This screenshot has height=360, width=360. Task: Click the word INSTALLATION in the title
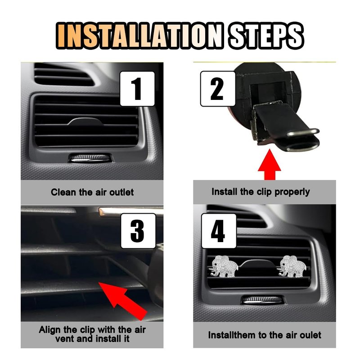coord(140,36)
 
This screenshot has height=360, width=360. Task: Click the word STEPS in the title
coord(266,36)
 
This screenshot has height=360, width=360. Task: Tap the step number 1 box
coord(137,89)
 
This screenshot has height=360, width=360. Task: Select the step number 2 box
coord(218,89)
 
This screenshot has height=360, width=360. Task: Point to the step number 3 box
coord(138,231)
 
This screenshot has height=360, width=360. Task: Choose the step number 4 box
coord(219,231)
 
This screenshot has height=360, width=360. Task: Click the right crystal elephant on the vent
coord(292,266)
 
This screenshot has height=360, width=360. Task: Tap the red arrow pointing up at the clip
coord(270,165)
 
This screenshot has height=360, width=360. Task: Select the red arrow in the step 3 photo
coord(123,301)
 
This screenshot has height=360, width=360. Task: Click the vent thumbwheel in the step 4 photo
coord(262,300)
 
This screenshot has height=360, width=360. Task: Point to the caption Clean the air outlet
coord(92,192)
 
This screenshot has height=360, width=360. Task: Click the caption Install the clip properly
coord(261,192)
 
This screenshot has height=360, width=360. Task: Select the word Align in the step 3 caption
coord(50,330)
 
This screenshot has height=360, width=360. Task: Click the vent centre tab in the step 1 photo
coord(85,121)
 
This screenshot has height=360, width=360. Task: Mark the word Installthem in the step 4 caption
coord(232,335)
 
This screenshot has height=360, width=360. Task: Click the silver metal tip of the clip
coord(302,132)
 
